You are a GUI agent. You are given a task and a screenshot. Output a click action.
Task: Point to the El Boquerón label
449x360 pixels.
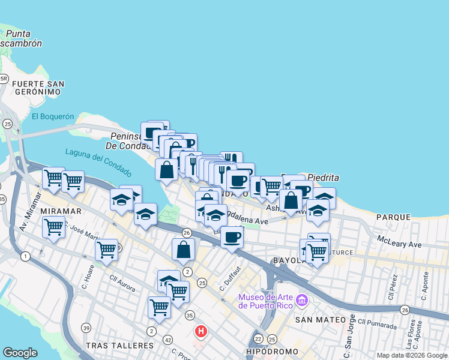pos(52,116)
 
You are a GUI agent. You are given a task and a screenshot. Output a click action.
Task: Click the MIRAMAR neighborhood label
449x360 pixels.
pos(61,212)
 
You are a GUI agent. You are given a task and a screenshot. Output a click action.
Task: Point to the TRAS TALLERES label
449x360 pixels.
pos(116,346)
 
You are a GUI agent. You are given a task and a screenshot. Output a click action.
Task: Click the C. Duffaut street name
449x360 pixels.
pos(230,280)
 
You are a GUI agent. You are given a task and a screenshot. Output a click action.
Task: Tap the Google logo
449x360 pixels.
pos(20,353)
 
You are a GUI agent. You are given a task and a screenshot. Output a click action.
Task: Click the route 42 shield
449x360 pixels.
pos(167,339)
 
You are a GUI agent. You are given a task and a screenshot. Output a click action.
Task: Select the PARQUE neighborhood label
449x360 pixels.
pos(393,217)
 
